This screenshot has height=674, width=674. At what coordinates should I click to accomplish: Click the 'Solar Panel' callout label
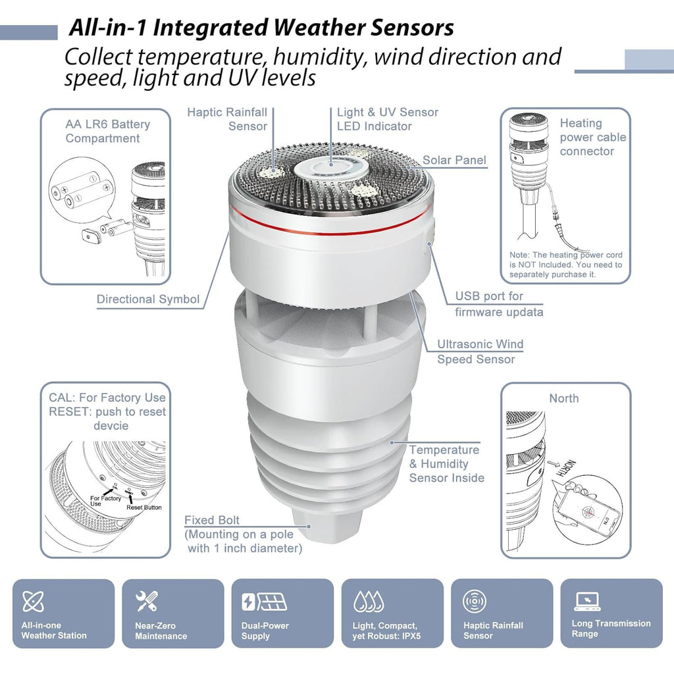pyautogui.click(x=454, y=160)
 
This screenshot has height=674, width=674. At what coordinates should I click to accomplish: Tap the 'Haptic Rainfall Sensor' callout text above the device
pyautogui.click(x=227, y=119)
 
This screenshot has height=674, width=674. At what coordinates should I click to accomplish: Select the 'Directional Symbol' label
pyautogui.click(x=148, y=299)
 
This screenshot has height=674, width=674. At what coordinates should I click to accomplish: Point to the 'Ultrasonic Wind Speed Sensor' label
pyautogui.click(x=480, y=351)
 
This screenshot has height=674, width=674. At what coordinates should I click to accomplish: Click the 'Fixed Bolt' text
pyautogui.click(x=211, y=521)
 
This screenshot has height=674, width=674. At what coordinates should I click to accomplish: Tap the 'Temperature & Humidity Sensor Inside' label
pyautogui.click(x=446, y=464)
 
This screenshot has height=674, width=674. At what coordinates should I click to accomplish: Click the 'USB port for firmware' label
pyautogui.click(x=498, y=304)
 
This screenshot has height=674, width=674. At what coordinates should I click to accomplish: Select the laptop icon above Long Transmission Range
pyautogui.click(x=587, y=600)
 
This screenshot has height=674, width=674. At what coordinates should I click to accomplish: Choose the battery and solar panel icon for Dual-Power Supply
pyautogui.click(x=263, y=602)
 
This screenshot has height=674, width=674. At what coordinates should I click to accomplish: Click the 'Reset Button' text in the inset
pyautogui.click(x=143, y=507)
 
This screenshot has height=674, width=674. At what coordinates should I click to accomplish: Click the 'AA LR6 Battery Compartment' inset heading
pyautogui.click(x=107, y=131)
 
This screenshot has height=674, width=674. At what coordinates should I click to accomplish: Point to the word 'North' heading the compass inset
pyautogui.click(x=564, y=398)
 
